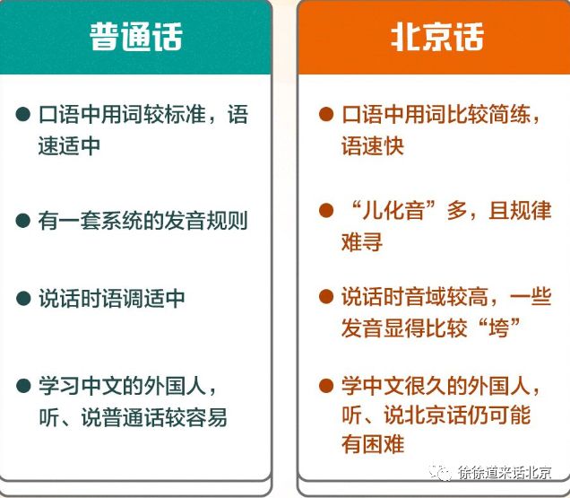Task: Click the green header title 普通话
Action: (136, 38)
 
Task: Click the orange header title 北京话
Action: (437, 38)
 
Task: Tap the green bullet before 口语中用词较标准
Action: (23, 116)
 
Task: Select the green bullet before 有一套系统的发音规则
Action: (23, 220)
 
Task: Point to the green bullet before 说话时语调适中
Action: (23, 298)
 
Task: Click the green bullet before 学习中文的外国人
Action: (23, 387)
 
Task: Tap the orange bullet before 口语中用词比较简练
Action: (326, 115)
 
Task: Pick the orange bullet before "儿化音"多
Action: (326, 212)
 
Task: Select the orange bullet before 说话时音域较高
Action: (326, 297)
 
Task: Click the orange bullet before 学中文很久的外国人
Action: (326, 387)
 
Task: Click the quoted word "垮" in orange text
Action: (501, 328)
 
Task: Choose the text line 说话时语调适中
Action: (111, 298)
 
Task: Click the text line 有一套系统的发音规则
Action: (142, 220)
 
